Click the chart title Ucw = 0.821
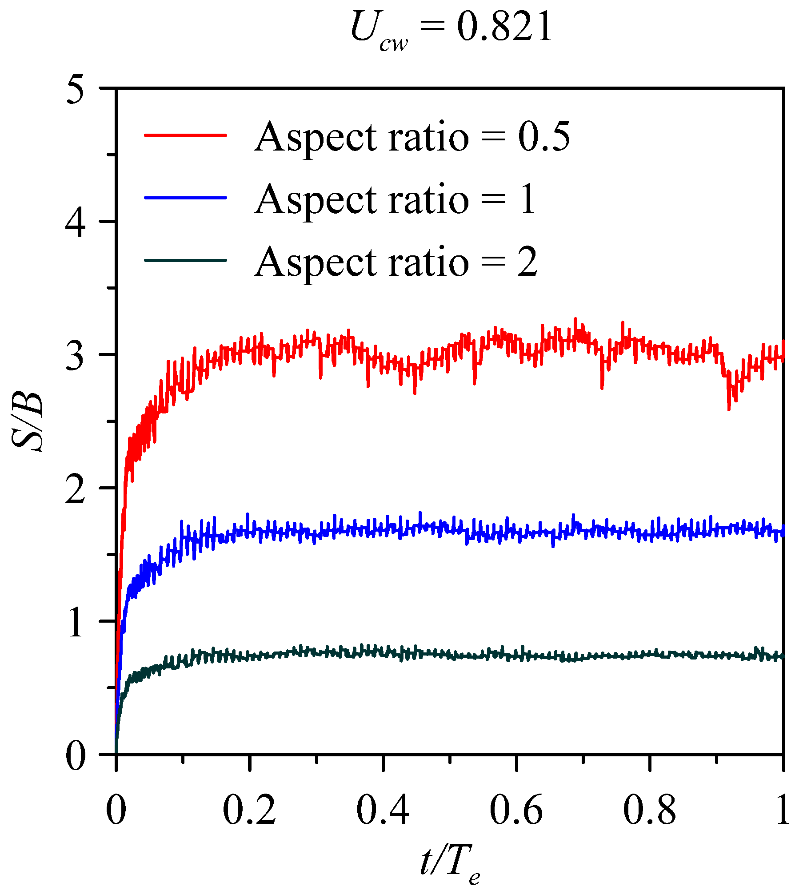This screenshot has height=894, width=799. point(451,29)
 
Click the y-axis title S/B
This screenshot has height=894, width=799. point(28,422)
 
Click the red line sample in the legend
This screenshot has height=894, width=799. point(185,135)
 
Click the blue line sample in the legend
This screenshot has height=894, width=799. point(185,197)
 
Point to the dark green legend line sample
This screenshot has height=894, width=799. point(185,260)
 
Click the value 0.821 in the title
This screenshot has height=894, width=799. point(504,28)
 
